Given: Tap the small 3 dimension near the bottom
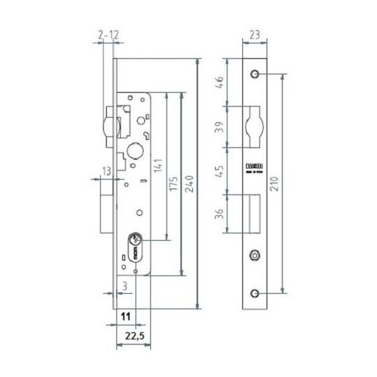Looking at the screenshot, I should coord(126,284).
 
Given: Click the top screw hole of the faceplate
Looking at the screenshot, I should coord(254,75).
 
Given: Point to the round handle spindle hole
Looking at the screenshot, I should coord(136,151).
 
